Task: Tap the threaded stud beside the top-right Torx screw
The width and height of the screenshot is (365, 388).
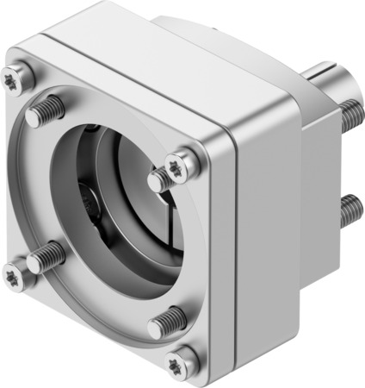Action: click(160, 179)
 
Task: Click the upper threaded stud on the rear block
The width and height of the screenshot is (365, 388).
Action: click(348, 111)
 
